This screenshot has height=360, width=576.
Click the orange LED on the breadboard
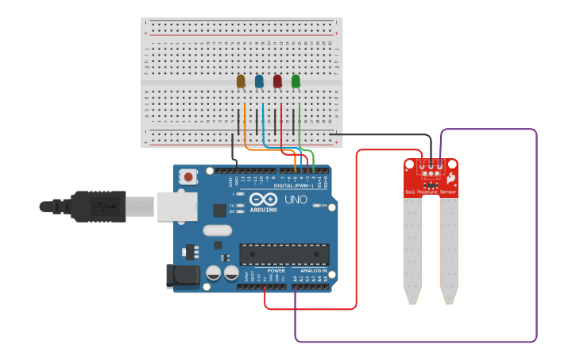241,81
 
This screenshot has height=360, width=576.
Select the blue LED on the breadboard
259,81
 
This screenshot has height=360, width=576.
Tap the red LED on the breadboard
277,81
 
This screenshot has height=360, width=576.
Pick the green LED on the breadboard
296,81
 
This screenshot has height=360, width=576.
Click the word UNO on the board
296,199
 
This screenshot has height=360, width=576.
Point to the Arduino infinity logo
263,199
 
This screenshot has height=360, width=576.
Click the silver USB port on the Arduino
176,207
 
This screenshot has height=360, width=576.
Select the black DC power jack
180,276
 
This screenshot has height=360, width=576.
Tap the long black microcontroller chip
284,254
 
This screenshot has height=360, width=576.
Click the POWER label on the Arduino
276,270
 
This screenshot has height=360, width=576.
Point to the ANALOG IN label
313,270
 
